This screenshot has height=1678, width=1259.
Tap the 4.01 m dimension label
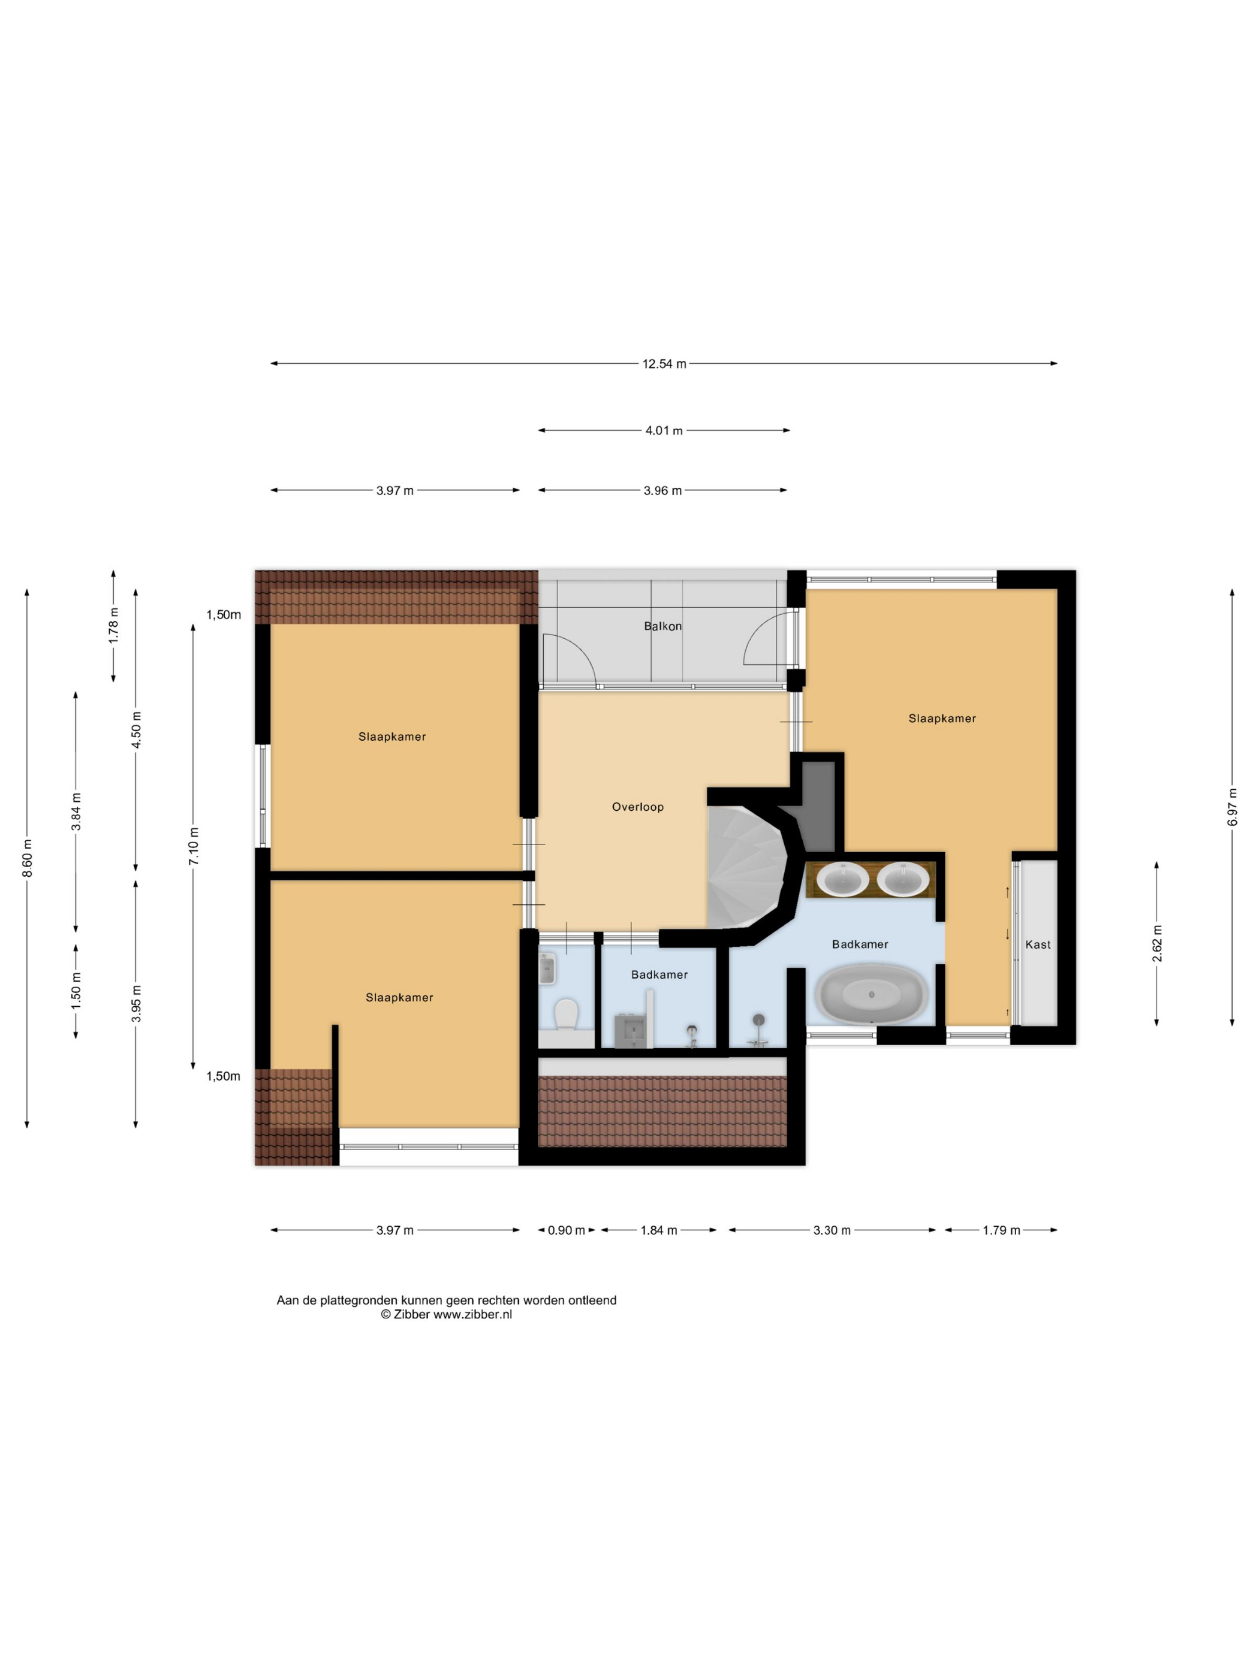click(664, 431)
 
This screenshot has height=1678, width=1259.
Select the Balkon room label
click(662, 626)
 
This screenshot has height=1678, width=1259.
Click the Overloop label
click(637, 807)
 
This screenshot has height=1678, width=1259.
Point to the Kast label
click(1037, 944)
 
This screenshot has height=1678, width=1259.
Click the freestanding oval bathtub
click(871, 994)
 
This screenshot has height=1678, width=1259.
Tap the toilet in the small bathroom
click(566, 1014)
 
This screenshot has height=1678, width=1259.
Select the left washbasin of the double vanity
click(842, 879)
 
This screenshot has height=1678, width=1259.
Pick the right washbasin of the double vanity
click(903, 879)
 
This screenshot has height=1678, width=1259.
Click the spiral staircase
click(748, 867)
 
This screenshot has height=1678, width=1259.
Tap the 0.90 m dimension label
click(566, 1230)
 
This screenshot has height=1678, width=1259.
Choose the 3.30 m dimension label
click(832, 1230)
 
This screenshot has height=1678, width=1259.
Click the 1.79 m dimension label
click(1001, 1230)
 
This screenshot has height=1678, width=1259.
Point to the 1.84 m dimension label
click(659, 1230)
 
